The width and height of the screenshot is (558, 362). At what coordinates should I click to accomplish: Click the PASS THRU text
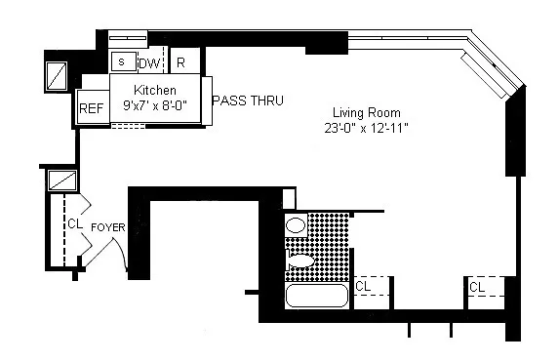pos(248,100)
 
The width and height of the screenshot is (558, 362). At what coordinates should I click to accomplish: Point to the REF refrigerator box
pos(92,109)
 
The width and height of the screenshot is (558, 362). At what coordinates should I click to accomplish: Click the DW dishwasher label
pos(148,63)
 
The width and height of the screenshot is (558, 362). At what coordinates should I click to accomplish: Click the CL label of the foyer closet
pos(74,224)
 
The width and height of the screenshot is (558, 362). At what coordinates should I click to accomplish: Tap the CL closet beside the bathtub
pos(362,287)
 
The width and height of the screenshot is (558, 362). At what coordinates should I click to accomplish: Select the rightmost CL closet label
pos(476,287)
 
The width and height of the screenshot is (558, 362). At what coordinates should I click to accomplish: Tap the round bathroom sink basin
pos(296,224)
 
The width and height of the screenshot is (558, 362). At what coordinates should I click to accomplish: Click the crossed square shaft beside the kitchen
pos(58,74)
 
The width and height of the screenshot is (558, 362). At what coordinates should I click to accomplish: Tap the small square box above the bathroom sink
pos(288,197)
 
